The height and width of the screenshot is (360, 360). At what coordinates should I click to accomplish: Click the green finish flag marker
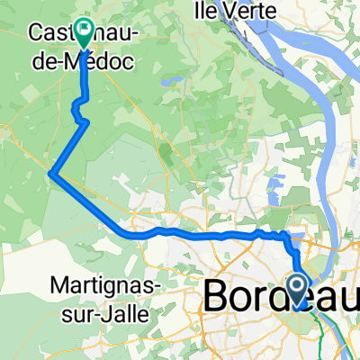[85, 33]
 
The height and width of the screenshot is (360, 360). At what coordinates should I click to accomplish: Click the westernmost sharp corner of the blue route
[52, 174]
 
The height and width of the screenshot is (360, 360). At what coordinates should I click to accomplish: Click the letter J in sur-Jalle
[108, 309]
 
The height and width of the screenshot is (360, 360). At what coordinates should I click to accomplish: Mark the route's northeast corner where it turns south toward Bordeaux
[288, 235]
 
